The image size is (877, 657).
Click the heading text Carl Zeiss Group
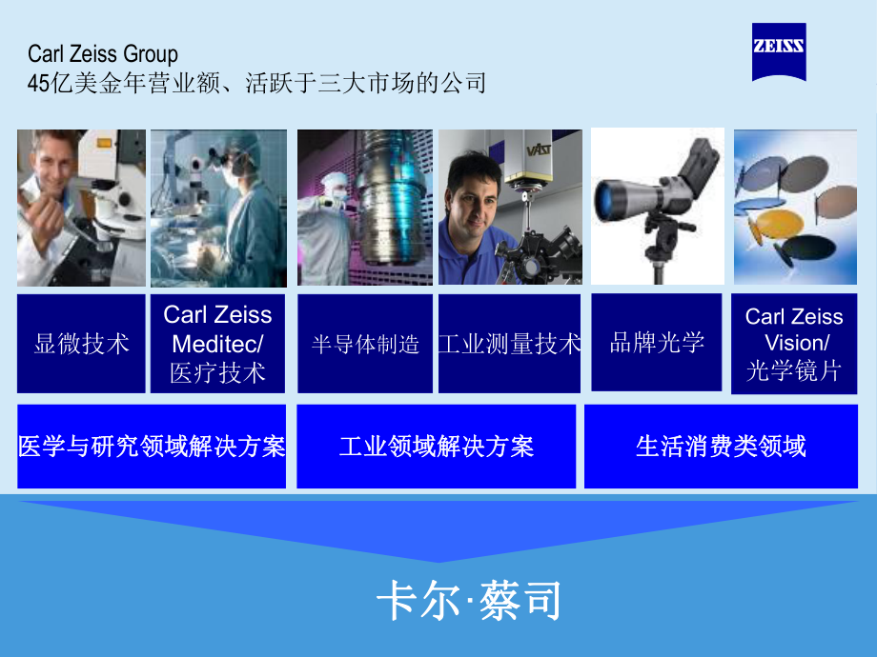103,55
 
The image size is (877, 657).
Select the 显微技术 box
82,344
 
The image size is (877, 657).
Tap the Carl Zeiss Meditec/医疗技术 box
218,344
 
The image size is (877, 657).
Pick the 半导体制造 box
365,344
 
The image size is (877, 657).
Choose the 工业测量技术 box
509,344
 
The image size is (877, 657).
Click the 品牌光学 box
657,343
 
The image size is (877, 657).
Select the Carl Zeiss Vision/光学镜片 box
794,344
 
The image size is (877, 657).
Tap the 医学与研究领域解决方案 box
152,447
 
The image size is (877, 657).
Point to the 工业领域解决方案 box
437,447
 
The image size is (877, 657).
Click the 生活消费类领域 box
721,447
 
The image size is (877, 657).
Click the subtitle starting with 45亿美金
257,84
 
